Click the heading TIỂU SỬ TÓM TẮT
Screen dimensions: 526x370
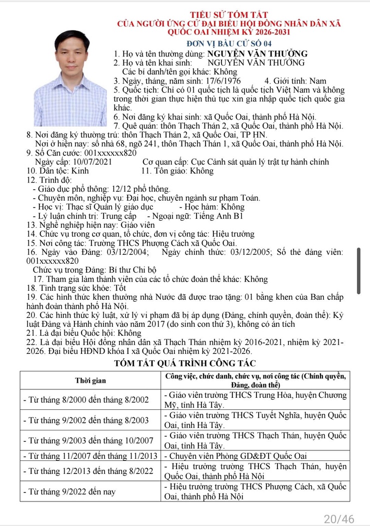click(229, 15)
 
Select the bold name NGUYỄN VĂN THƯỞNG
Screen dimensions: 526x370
click(257, 54)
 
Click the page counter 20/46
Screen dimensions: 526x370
click(338, 518)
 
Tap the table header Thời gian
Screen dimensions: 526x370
click(90, 380)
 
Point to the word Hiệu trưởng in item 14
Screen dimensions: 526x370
click(233, 234)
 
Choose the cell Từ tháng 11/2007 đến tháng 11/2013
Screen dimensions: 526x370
click(90, 455)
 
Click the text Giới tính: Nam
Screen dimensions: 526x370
click(295, 81)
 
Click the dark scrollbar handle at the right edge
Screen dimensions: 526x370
click(358, 270)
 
